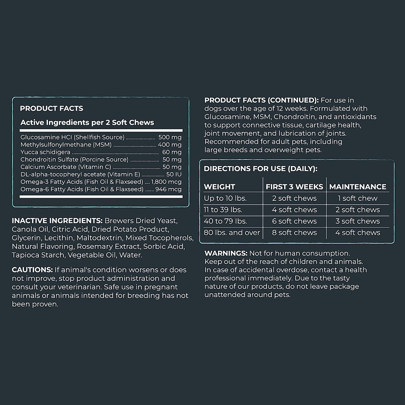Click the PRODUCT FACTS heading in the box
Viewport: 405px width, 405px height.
coord(51,108)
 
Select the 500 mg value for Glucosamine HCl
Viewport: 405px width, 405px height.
coord(170,137)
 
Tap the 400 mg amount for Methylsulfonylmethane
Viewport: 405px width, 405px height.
coord(169,145)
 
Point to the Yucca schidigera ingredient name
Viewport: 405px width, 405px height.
coord(45,152)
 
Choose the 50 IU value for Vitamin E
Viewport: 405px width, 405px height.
coord(173,174)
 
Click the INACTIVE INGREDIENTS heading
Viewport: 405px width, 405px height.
coord(57,221)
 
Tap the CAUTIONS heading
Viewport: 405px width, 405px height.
coord(32,270)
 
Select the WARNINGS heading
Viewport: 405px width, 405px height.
coord(226,253)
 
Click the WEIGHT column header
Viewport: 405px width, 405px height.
coord(219,187)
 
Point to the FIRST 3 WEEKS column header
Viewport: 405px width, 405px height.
coord(294,187)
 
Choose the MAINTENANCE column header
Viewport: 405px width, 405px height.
coord(357,187)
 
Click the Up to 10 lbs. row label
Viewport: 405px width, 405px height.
coord(225,198)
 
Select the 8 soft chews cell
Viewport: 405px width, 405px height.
coord(294,233)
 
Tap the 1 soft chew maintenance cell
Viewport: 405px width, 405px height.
coord(357,198)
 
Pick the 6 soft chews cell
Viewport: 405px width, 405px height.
coord(294,221)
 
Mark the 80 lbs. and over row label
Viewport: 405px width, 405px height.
coord(232,233)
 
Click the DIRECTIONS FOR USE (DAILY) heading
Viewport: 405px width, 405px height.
coord(261,169)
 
